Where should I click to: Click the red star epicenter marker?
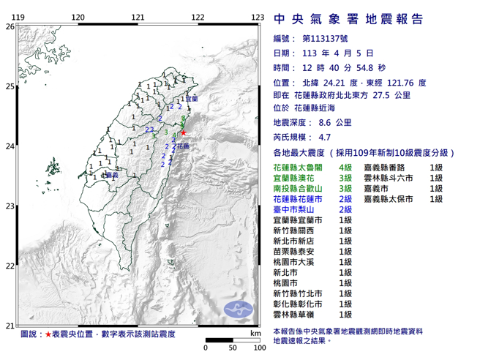(183, 132)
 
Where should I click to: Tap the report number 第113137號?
(326, 39)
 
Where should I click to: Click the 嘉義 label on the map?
(113, 176)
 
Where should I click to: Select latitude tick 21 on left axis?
(10, 325)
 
